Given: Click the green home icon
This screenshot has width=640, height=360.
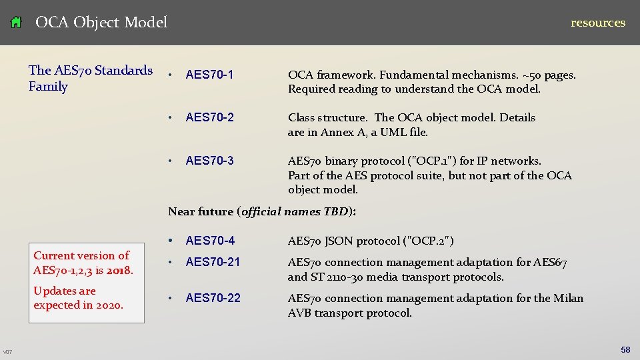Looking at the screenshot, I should tap(17, 23).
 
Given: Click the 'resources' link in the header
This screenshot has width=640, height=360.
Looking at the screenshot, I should tap(597, 23).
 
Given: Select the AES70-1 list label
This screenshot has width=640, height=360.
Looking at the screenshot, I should tap(210, 75).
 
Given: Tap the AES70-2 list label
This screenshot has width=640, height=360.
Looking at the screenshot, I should tap(210, 118).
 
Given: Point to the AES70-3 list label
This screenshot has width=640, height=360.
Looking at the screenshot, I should tap(210, 161).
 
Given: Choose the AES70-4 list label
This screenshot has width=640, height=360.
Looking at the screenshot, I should tap(210, 241).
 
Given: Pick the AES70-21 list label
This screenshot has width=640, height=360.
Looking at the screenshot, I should tap(213, 263).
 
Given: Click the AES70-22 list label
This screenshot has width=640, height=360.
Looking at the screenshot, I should tap(213, 298).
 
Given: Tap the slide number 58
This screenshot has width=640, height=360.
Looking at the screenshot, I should tap(625, 350).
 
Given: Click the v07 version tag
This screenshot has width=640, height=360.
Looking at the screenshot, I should tap(7, 352).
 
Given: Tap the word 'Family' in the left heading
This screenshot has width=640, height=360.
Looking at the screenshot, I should tap(48, 87).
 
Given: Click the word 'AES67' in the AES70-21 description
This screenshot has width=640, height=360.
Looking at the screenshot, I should tap(549, 263).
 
